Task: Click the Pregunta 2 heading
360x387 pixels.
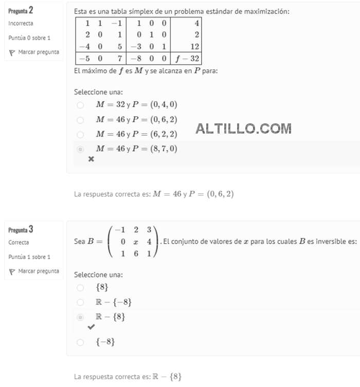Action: pos(21,10)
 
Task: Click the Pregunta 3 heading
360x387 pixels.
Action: pos(21,229)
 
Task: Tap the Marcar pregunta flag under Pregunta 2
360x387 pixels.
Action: pos(34,52)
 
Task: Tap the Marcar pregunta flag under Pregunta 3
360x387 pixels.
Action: pos(34,271)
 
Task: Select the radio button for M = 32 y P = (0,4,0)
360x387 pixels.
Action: pos(80,105)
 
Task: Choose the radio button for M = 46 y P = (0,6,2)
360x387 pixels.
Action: pos(80,120)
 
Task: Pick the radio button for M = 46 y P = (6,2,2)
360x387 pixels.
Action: pos(80,134)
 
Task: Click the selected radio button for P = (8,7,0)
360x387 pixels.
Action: pos(80,149)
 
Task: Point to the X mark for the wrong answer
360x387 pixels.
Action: pos(92,159)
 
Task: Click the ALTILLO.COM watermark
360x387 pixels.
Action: pos(243,128)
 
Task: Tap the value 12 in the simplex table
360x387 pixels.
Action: pos(194,46)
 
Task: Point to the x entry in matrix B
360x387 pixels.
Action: pos(136,242)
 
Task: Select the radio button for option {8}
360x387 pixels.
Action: pos(80,287)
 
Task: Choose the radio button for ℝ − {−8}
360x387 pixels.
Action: pos(80,302)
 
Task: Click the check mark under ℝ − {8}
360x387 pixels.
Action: pos(92,327)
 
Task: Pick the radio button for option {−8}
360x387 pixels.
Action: pos(80,342)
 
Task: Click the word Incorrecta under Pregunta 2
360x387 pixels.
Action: pos(21,24)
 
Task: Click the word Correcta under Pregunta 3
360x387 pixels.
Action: pos(19,243)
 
